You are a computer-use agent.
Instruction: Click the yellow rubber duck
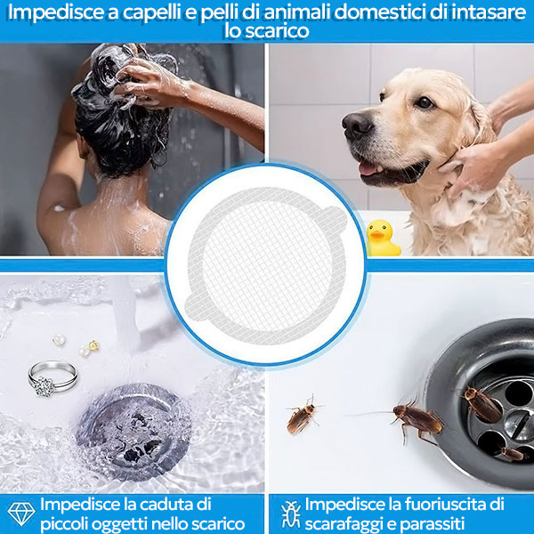coord(383,238)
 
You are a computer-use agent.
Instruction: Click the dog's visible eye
coord(424,101)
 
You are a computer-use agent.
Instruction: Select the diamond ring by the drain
coord(53,378)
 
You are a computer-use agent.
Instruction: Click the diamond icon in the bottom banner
coord(21,514)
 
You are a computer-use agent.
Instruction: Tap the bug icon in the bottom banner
coord(290,514)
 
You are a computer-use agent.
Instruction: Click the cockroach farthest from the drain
coord(302,417)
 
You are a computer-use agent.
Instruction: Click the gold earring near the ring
coord(93,345)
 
